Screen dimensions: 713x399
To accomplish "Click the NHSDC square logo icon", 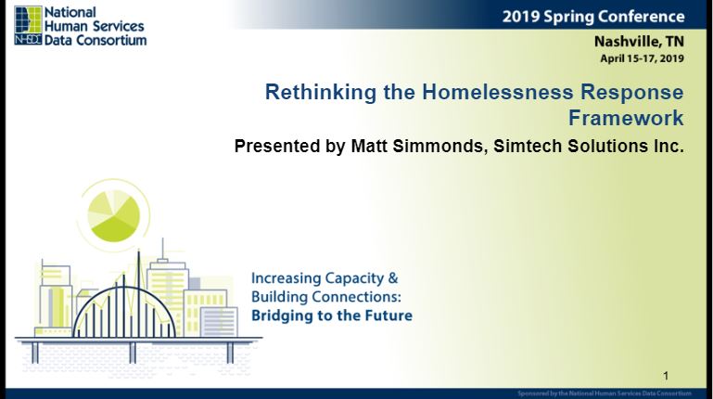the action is click(x=28, y=25).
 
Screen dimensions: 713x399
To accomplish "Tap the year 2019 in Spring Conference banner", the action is click(x=521, y=17).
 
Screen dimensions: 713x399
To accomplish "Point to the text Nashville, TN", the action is click(x=639, y=42).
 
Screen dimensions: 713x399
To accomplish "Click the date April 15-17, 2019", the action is click(x=642, y=58).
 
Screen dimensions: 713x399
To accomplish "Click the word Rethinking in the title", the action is click(x=321, y=93).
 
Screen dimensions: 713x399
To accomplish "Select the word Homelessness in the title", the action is click(x=498, y=92).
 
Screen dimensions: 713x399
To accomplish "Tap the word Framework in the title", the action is click(x=626, y=118).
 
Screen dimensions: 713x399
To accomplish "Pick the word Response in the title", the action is click(x=632, y=93).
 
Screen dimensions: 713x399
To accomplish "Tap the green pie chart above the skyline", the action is click(x=114, y=215).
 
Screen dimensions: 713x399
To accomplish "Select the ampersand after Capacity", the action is click(x=393, y=278).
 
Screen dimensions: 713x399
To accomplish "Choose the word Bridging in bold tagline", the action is click(x=278, y=315).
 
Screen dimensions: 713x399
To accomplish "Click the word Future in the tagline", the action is click(x=391, y=315).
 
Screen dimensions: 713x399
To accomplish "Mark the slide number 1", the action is click(x=666, y=376).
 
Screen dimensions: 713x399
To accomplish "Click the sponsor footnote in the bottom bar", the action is click(x=605, y=393).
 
